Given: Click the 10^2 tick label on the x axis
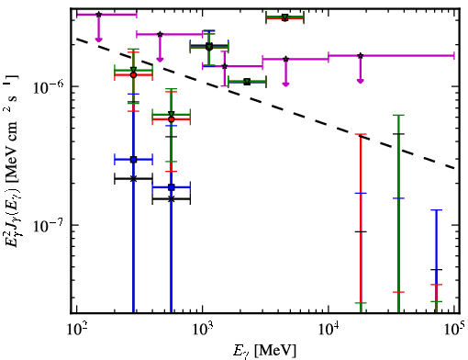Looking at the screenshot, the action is (x=78, y=331).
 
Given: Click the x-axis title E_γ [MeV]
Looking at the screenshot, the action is (x=264, y=351).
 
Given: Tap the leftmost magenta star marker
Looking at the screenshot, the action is (x=98, y=15).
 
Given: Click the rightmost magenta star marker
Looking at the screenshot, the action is (x=361, y=56).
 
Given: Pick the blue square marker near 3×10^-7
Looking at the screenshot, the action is (x=133, y=160).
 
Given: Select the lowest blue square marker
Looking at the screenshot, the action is (x=172, y=187).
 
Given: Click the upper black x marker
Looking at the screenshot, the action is (x=133, y=179).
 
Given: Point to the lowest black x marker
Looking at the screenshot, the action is (x=172, y=199).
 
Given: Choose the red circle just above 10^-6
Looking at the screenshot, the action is (x=133, y=75).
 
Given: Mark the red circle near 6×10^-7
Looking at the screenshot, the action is (x=172, y=119).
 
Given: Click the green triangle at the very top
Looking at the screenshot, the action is (x=284, y=17).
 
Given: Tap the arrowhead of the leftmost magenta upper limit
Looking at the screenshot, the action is (x=98, y=39).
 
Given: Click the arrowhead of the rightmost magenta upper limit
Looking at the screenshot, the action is (x=361, y=81).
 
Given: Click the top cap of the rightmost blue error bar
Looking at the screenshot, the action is (x=437, y=210).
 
